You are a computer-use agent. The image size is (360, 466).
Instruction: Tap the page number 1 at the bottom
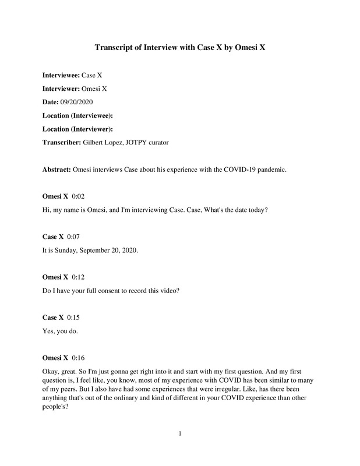pos(181,433)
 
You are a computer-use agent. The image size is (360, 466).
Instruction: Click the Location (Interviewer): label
pos(77,129)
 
